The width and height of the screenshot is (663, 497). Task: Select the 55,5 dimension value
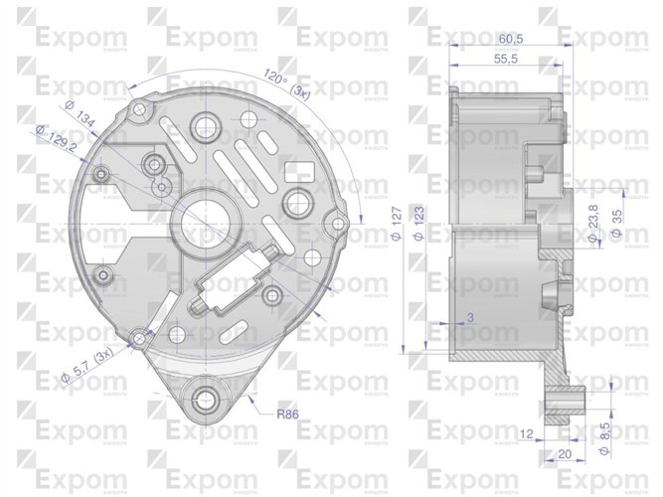(508, 60)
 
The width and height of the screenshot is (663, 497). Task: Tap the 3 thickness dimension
(470, 318)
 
